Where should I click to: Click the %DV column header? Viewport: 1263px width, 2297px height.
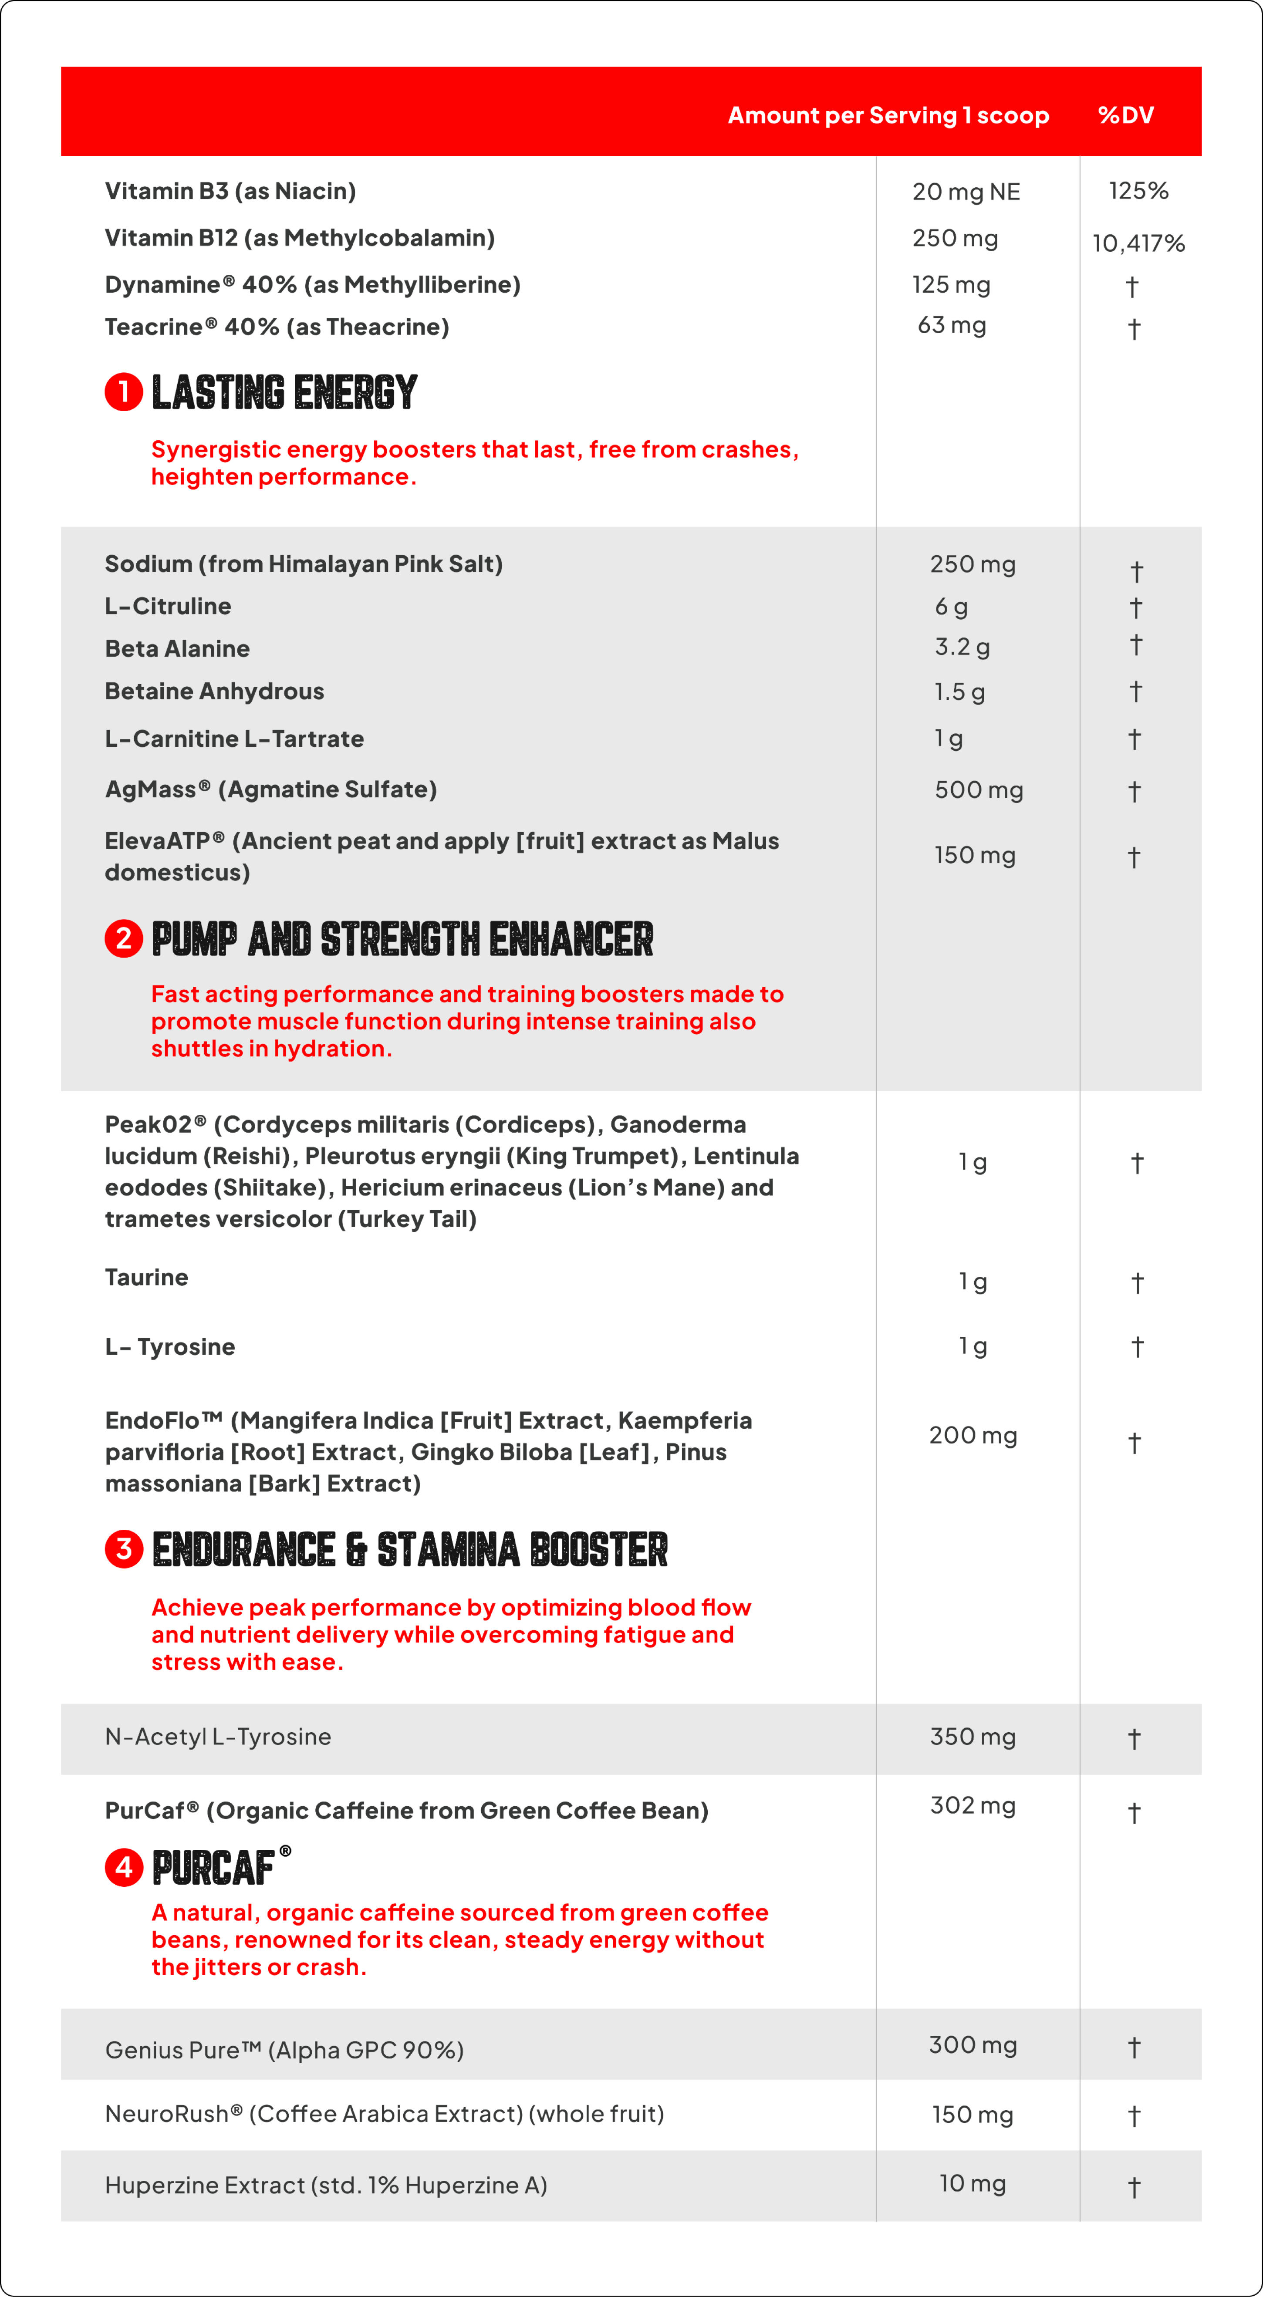1126,115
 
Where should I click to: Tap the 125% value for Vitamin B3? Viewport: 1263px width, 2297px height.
1138,191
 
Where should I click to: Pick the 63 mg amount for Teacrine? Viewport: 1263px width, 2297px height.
952,325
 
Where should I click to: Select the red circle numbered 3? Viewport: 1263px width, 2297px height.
124,1549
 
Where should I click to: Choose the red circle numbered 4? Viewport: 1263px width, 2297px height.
124,1867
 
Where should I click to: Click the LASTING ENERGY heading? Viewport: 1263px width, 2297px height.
284,392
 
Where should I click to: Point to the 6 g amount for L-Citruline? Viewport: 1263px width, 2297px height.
951,606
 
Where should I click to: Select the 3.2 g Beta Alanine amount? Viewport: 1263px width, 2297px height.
962,647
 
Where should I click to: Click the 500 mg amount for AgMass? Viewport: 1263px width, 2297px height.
979,790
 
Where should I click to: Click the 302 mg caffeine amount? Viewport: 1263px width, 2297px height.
972,1806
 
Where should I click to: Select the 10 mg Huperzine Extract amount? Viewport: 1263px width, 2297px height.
972,2184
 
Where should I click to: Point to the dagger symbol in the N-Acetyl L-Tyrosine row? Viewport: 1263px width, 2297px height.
1134,1739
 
